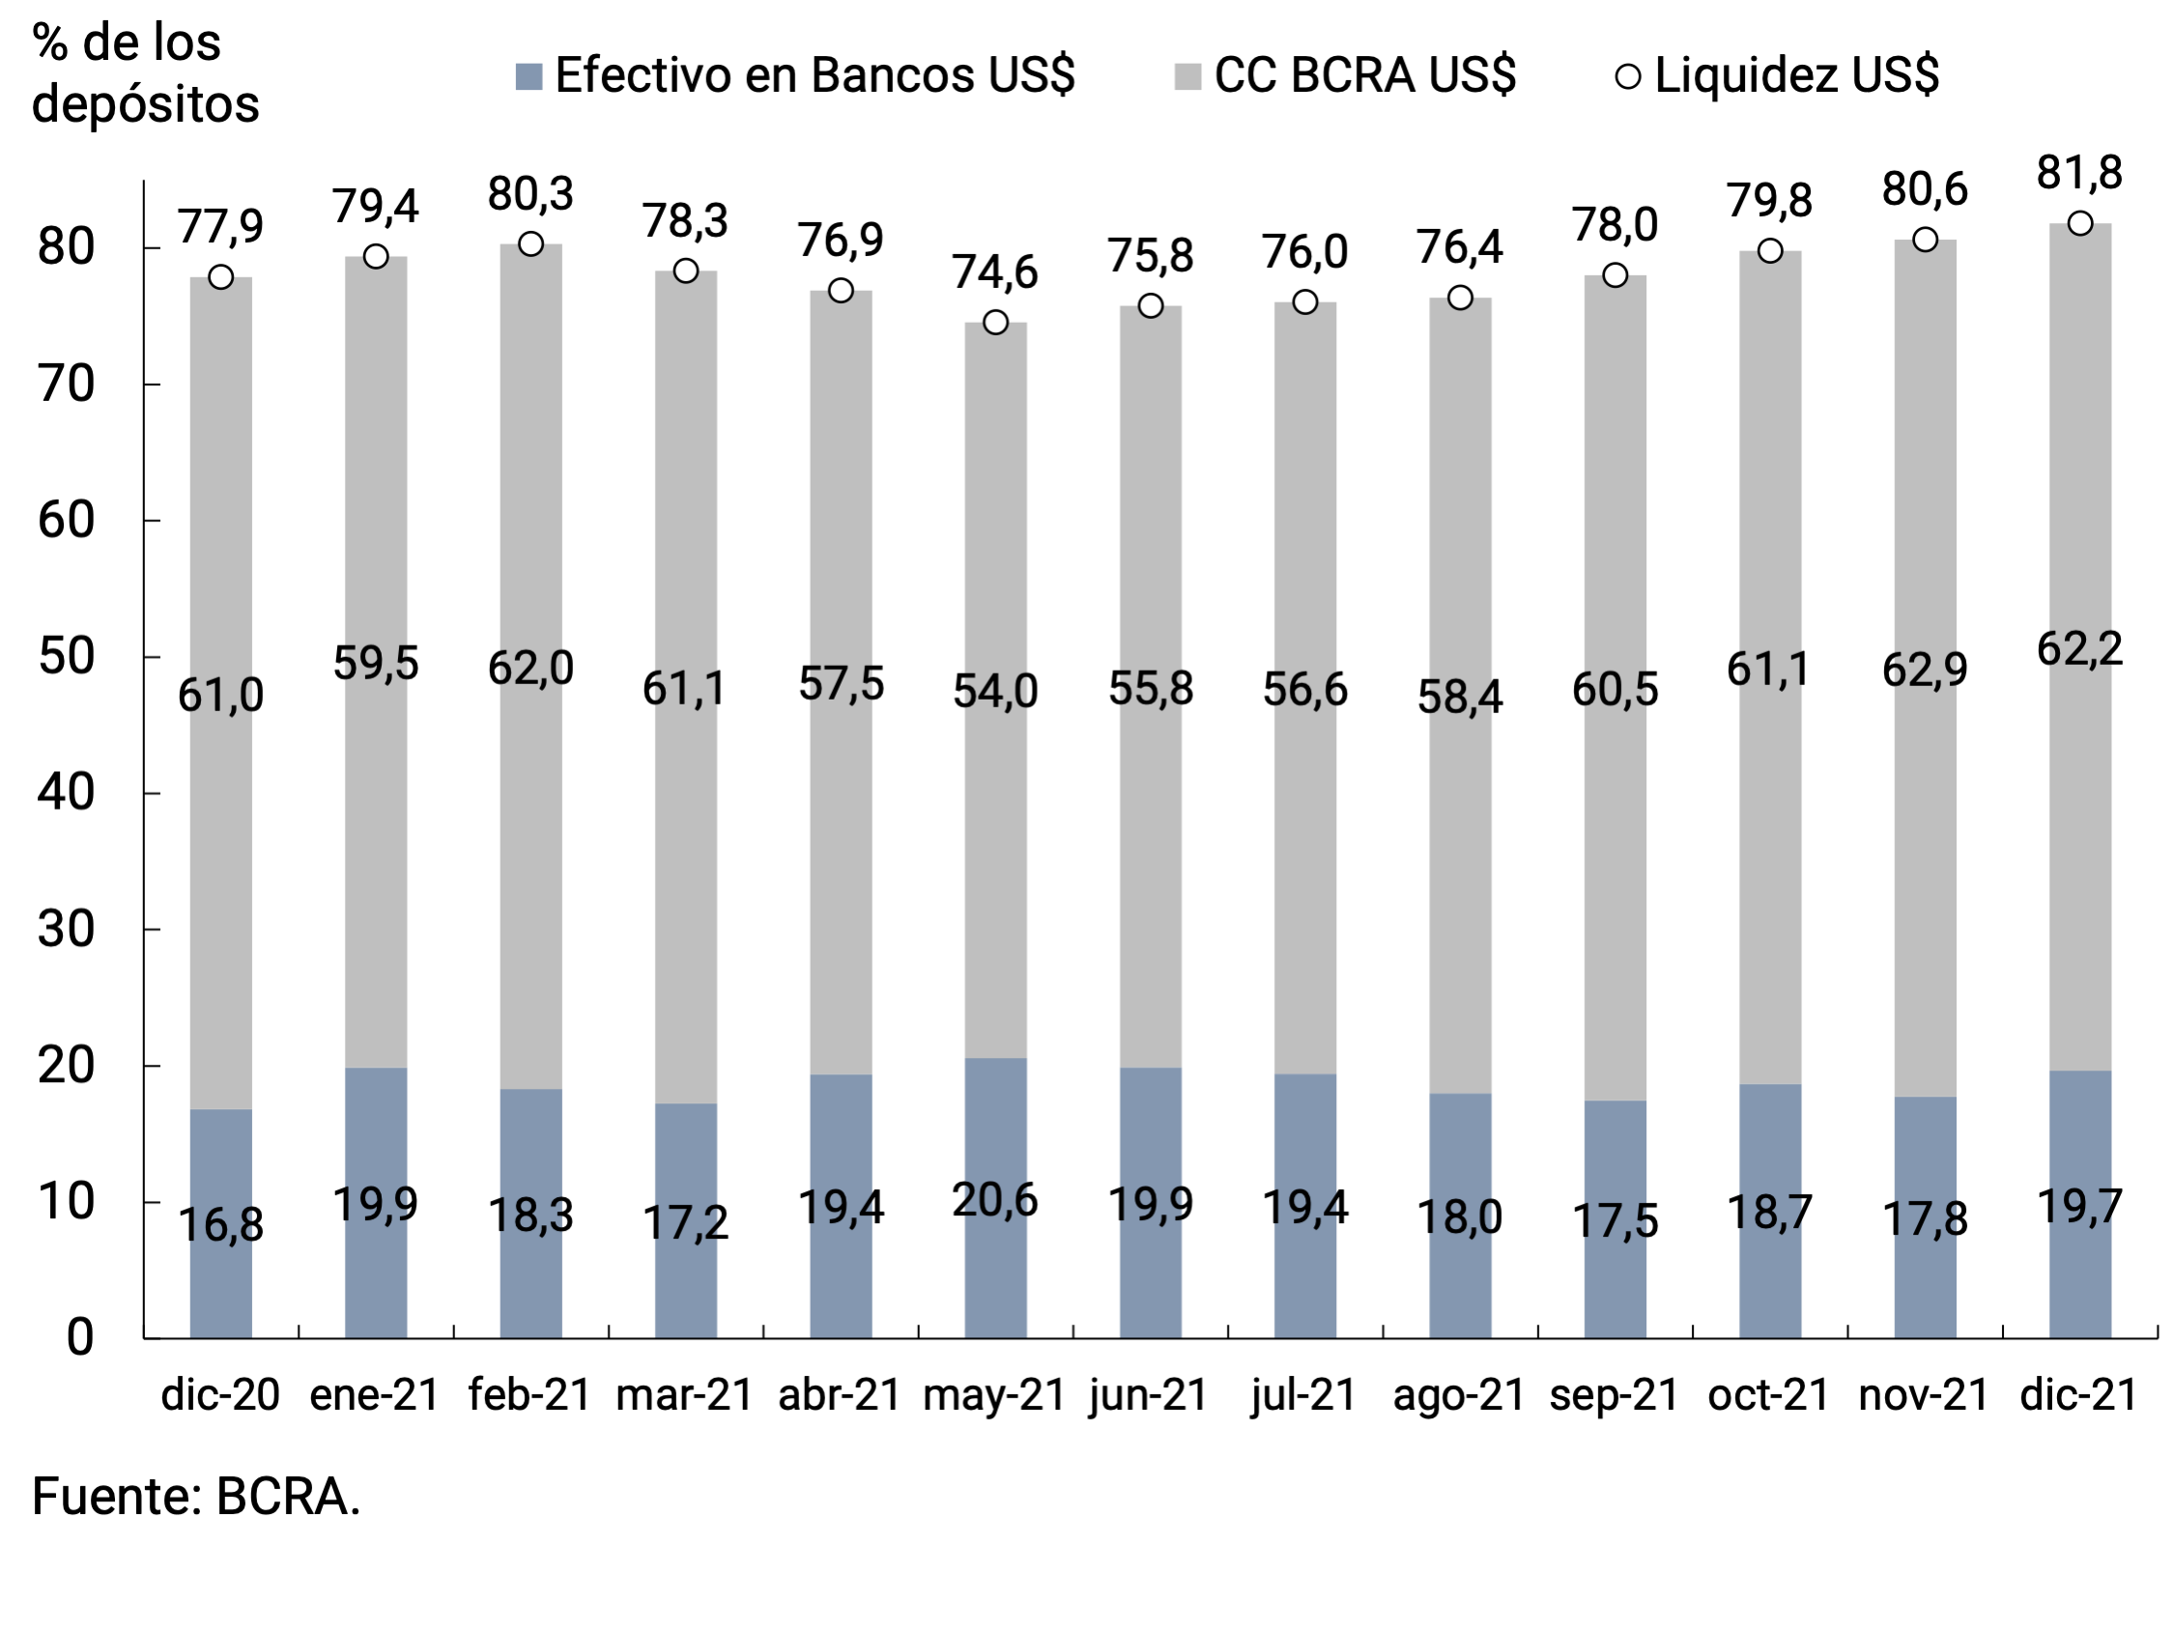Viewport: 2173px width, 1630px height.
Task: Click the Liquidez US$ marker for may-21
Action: (x=995, y=323)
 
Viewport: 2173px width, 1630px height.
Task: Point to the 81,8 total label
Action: (x=2078, y=173)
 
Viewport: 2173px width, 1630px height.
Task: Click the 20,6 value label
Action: (x=994, y=1200)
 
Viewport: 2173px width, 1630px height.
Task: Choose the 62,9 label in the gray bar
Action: (x=1925, y=669)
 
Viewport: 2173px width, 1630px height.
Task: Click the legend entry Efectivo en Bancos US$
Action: (x=796, y=75)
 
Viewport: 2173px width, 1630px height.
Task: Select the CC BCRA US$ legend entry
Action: (x=1346, y=75)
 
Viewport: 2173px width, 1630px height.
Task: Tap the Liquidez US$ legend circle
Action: (x=1627, y=75)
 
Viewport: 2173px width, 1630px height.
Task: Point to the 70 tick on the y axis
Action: (x=66, y=385)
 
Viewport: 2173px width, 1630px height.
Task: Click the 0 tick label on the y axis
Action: (x=80, y=1337)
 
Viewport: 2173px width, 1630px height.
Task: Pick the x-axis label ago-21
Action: (x=1459, y=1395)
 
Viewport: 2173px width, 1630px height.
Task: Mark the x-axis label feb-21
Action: (x=529, y=1395)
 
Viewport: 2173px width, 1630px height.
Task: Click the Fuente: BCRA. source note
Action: (x=196, y=1498)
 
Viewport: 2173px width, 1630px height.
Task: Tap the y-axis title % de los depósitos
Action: (x=145, y=73)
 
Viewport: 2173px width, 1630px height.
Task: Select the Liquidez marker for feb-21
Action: (x=530, y=243)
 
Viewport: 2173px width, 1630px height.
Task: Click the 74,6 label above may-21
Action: (x=994, y=272)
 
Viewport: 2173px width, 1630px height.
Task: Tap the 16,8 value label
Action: (x=221, y=1224)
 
